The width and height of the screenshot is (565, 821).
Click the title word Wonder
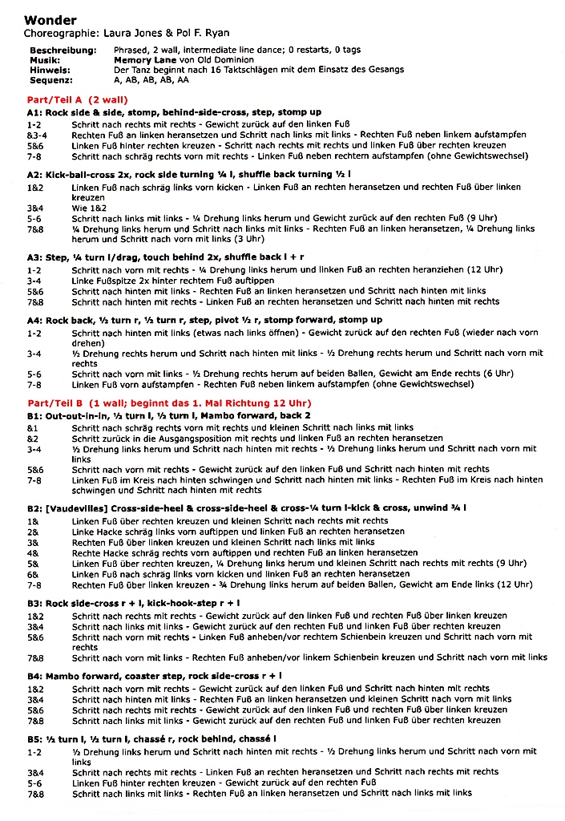tap(50, 20)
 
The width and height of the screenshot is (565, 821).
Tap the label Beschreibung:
tap(63, 51)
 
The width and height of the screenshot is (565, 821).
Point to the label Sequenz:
tap(51, 79)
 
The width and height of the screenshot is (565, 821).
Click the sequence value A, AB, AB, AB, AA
tap(152, 79)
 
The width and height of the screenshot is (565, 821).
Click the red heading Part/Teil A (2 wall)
tap(77, 99)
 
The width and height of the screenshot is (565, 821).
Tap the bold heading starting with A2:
tap(188, 174)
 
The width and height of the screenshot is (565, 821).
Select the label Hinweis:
tap(49, 70)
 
